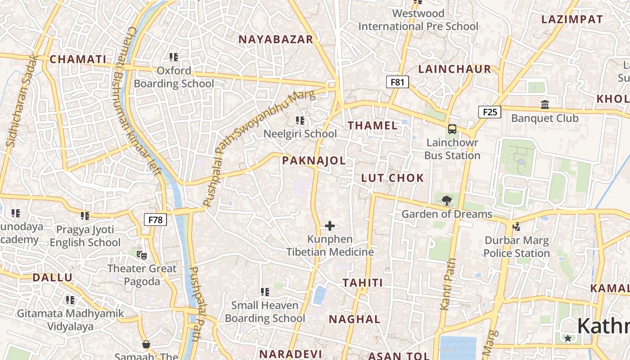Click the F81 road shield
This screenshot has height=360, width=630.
pyautogui.click(x=397, y=82)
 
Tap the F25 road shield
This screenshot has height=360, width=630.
pyautogui.click(x=489, y=112)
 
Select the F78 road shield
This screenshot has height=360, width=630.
pyautogui.click(x=155, y=220)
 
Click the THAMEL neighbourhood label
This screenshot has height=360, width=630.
pyautogui.click(x=373, y=126)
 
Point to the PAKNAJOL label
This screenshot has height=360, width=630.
pyautogui.click(x=314, y=161)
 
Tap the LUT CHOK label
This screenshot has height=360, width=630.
pyautogui.click(x=392, y=178)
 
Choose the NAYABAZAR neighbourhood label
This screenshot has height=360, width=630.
pyautogui.click(x=275, y=40)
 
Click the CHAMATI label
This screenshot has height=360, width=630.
pyautogui.click(x=78, y=59)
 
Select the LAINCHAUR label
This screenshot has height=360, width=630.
pyautogui.click(x=454, y=69)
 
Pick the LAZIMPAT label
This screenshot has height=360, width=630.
pyautogui.click(x=571, y=19)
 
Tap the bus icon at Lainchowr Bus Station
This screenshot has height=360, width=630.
pyautogui.click(x=452, y=129)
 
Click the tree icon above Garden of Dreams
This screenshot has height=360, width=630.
pyautogui.click(x=446, y=200)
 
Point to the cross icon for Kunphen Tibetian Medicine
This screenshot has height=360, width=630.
pyautogui.click(x=330, y=225)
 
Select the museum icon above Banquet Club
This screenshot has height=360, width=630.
pyautogui.click(x=545, y=105)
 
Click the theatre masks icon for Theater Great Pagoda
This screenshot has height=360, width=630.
pyautogui.click(x=142, y=255)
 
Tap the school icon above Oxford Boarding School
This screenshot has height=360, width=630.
pyautogui.click(x=174, y=57)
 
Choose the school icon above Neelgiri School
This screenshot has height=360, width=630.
pyautogui.click(x=300, y=121)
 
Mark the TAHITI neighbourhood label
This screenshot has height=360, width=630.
pyautogui.click(x=363, y=283)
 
